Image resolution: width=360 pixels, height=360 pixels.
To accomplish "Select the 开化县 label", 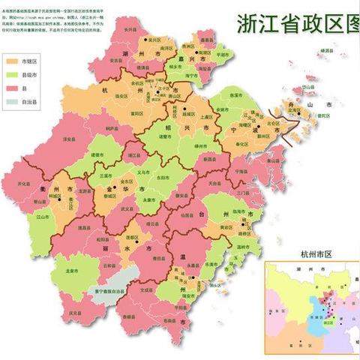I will [x=24, y=182].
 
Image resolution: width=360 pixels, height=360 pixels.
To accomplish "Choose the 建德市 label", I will [x=96, y=154].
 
